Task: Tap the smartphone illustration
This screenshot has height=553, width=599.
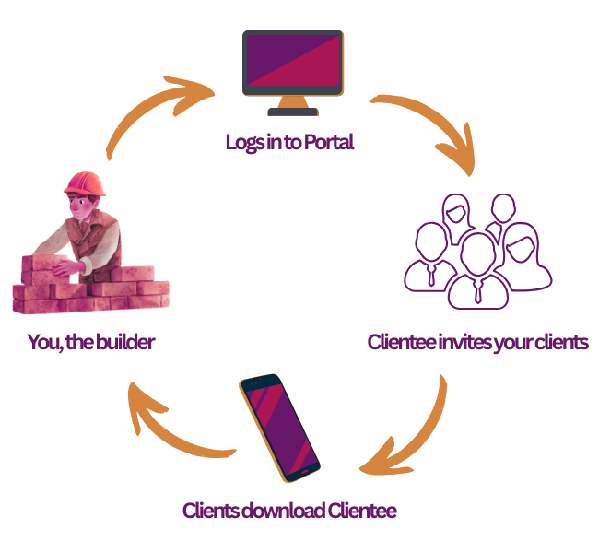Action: (x=279, y=428)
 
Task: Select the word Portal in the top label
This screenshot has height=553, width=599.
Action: (x=329, y=143)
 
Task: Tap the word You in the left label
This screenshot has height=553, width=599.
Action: (x=40, y=343)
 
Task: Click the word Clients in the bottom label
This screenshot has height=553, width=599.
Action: (x=207, y=510)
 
